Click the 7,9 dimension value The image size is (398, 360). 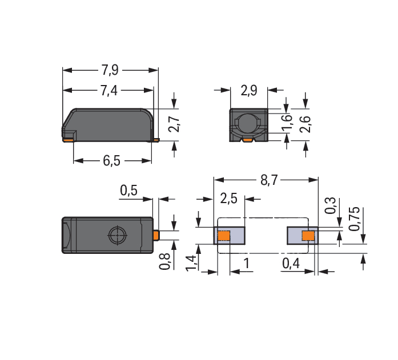click(110, 70)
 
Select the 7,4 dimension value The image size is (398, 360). click(109, 91)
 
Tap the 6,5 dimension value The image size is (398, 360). click(111, 160)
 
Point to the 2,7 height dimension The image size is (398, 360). click(174, 124)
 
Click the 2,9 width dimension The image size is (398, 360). click(249, 90)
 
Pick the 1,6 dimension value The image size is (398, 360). click(287, 123)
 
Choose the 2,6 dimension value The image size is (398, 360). click(305, 124)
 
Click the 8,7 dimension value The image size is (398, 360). click(269, 180)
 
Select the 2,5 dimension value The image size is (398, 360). click(229, 198)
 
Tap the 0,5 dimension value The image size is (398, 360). click(128, 190)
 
